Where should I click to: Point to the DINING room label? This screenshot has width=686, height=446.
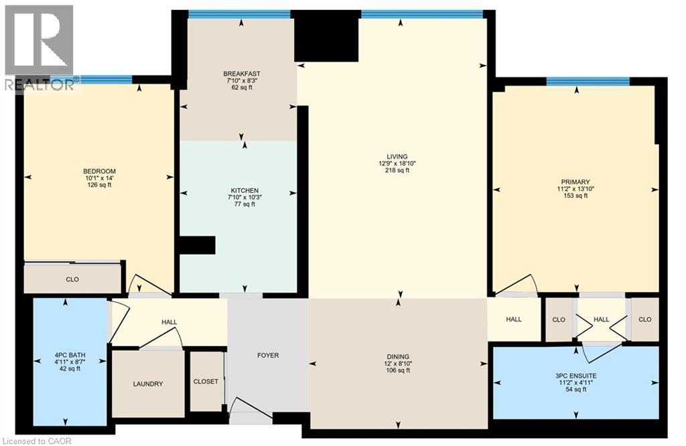coord(397,357)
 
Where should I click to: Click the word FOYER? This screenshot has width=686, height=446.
coord(267,356)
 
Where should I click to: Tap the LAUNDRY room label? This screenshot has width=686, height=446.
coord(147,384)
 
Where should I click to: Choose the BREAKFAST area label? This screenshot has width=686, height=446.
coord(241,74)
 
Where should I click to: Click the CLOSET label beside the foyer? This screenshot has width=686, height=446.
coord(206,381)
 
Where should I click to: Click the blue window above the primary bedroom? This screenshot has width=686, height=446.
coord(588,82)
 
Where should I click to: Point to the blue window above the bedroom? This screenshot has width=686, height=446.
coord(105,80)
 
